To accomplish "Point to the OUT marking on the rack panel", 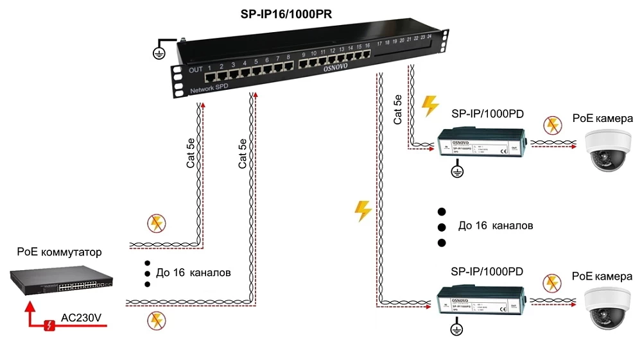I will pyautogui.click(x=195, y=69).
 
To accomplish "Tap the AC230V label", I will pyautogui.click(x=82, y=317).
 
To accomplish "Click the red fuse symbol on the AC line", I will pyautogui.click(x=49, y=326).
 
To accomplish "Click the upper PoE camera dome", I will pyautogui.click(x=606, y=149).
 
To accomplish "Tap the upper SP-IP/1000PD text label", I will pyautogui.click(x=487, y=114).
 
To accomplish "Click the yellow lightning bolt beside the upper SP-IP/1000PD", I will pyautogui.click(x=431, y=106).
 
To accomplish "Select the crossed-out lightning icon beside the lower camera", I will pyautogui.click(x=551, y=283).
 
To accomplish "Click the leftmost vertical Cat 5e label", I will pyautogui.click(x=191, y=154).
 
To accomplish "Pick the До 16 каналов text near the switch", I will pyautogui.click(x=193, y=273).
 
